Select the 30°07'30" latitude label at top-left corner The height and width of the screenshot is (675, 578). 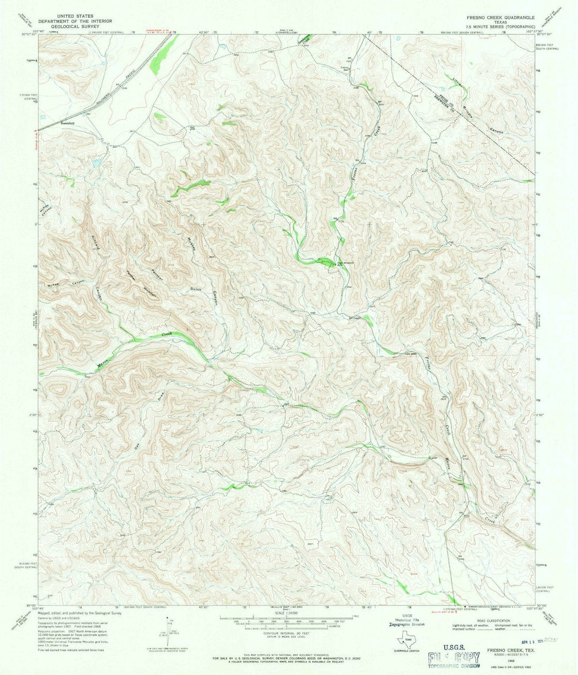click(x=31, y=35)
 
